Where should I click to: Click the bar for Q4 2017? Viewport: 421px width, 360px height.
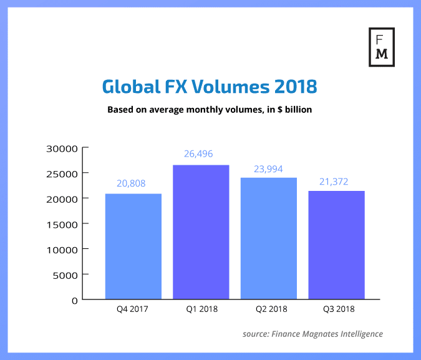133,246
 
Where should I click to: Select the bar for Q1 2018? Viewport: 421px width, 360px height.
201,232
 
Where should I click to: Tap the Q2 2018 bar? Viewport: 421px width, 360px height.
269,238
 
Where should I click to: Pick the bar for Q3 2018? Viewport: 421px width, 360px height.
336,245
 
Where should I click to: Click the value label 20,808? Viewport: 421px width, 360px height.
133,183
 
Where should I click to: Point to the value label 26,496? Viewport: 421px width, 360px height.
201,155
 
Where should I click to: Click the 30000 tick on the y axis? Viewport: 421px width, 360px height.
62,148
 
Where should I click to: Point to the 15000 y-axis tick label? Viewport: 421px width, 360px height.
62,224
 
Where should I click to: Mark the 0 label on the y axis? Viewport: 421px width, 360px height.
74,300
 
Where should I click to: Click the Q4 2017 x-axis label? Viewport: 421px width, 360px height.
133,309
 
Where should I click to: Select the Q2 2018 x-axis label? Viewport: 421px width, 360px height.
269,309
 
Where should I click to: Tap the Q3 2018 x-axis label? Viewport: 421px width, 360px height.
336,309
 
